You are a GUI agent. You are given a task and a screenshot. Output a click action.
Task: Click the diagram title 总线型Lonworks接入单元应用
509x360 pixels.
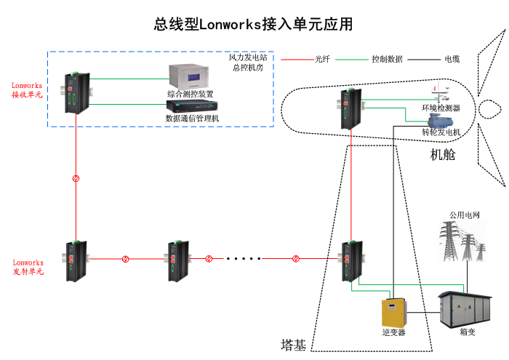coord(253,24)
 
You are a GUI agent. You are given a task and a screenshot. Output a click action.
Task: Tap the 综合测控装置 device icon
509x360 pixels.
coord(189,76)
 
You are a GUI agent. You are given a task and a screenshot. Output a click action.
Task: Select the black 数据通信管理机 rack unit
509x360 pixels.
coord(191,108)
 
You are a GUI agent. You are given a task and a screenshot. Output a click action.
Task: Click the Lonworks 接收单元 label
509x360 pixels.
coord(27,90)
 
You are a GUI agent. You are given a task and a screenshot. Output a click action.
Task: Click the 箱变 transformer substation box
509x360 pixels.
coord(466,310)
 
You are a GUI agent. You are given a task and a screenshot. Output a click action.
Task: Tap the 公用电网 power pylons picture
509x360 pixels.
coord(465,243)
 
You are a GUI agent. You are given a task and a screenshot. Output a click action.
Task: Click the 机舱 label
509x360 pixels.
coord(442,154)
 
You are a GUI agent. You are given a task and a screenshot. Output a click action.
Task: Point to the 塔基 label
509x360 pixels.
coord(293,343)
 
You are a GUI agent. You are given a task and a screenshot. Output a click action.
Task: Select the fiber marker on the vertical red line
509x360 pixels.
coord(76,178)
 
